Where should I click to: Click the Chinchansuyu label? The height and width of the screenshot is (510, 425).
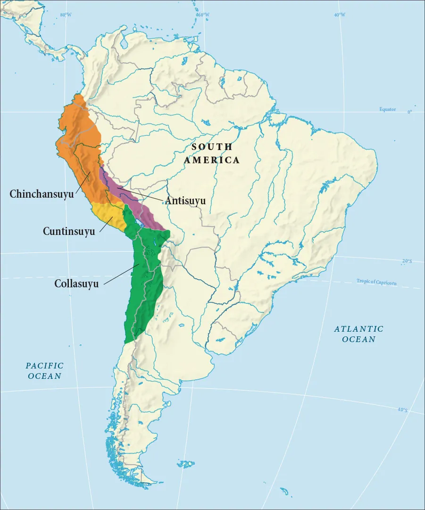[42, 194]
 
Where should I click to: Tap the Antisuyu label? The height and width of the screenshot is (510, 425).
[185, 201]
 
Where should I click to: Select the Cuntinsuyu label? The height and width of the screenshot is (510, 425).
[69, 231]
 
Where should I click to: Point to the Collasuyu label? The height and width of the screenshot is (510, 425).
[76, 284]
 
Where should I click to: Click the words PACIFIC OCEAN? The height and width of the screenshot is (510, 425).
[44, 371]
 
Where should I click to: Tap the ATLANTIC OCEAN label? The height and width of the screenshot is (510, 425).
[358, 334]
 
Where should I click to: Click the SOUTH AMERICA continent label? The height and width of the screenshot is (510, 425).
[212, 153]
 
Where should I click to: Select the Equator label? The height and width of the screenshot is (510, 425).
[388, 109]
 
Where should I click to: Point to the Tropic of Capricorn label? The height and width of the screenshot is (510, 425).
[376, 283]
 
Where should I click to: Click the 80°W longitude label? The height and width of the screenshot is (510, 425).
[66, 15]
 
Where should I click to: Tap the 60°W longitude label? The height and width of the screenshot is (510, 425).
[202, 15]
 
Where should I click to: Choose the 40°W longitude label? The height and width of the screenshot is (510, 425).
[339, 15]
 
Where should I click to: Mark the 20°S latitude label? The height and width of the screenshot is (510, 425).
[407, 261]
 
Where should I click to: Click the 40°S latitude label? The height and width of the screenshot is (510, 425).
[402, 410]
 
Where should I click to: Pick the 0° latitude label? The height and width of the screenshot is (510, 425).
[409, 112]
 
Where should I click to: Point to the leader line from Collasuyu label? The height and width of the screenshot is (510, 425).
[120, 274]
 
